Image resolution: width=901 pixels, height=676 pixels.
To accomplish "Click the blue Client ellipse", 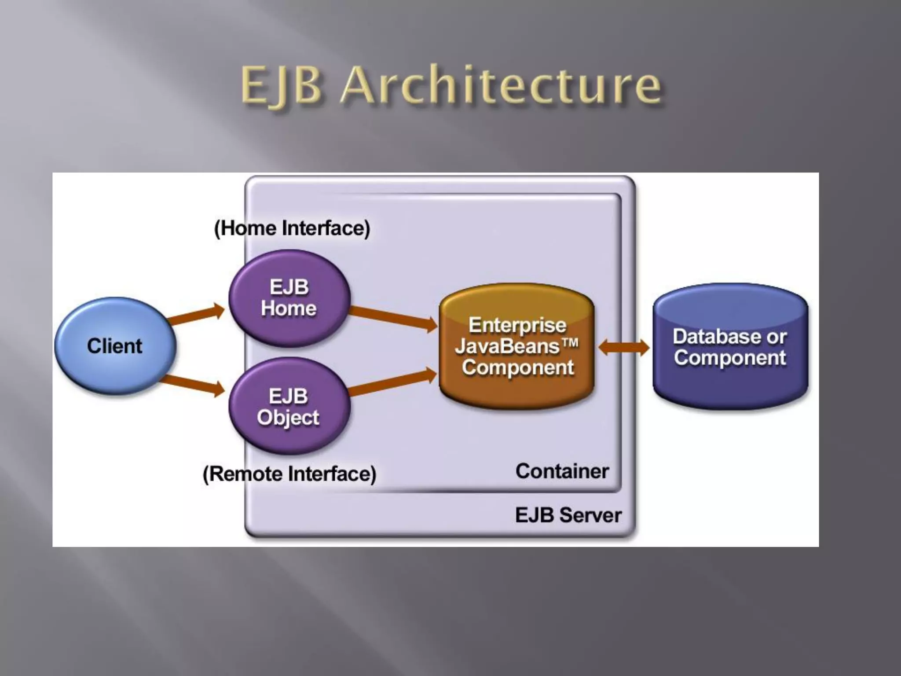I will coord(115,346).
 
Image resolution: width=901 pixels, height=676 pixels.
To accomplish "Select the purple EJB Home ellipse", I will coord(289,298).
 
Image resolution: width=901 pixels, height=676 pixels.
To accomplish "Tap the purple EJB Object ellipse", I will coord(289,406).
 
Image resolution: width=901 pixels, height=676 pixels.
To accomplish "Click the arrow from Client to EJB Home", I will coord(196,313).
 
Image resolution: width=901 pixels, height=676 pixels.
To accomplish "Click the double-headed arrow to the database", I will coord(624,347).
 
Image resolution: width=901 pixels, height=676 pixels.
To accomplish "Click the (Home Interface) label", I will coord(292,228).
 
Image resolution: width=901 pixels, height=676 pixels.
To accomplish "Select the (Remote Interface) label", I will coord(289,474).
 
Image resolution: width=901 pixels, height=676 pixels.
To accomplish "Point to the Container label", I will coord(562,471).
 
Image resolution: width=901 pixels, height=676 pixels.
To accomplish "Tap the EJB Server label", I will coord(568,515).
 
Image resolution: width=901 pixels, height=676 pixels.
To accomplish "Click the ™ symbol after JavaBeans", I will coord(569,343).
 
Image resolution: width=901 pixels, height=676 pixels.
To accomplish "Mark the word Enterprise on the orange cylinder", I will coord(517,325).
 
